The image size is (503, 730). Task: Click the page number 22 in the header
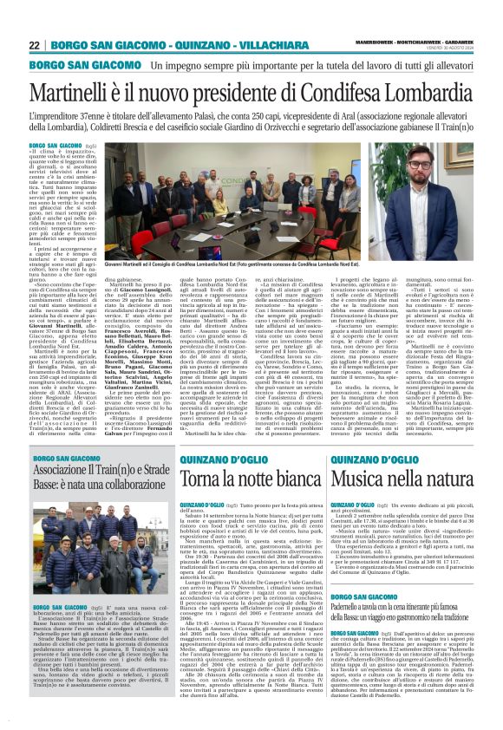point(34,45)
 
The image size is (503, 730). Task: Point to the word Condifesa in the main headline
point(339,92)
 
